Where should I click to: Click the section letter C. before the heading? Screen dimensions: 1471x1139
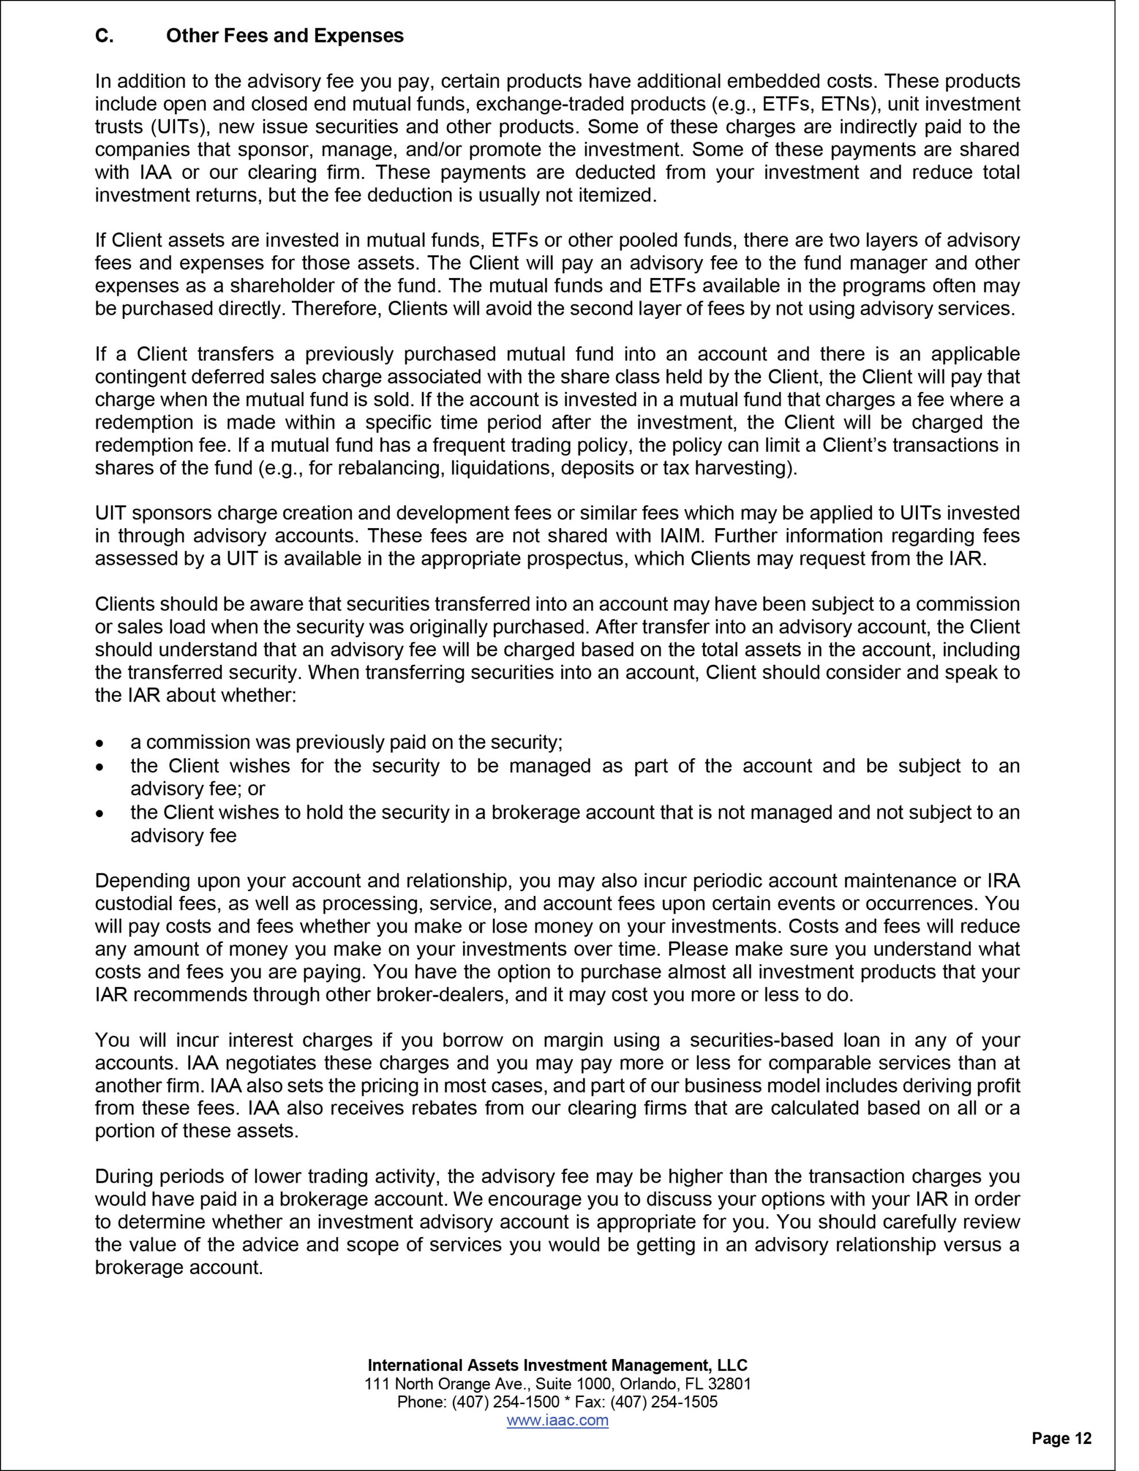point(104,36)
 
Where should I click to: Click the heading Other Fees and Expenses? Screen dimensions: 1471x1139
point(284,36)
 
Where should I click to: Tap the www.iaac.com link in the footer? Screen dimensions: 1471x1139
point(557,1420)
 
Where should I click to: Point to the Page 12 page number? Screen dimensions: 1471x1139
point(1061,1438)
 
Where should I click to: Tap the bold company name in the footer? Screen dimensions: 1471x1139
point(557,1365)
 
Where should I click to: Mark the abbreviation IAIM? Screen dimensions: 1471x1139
point(684,536)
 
